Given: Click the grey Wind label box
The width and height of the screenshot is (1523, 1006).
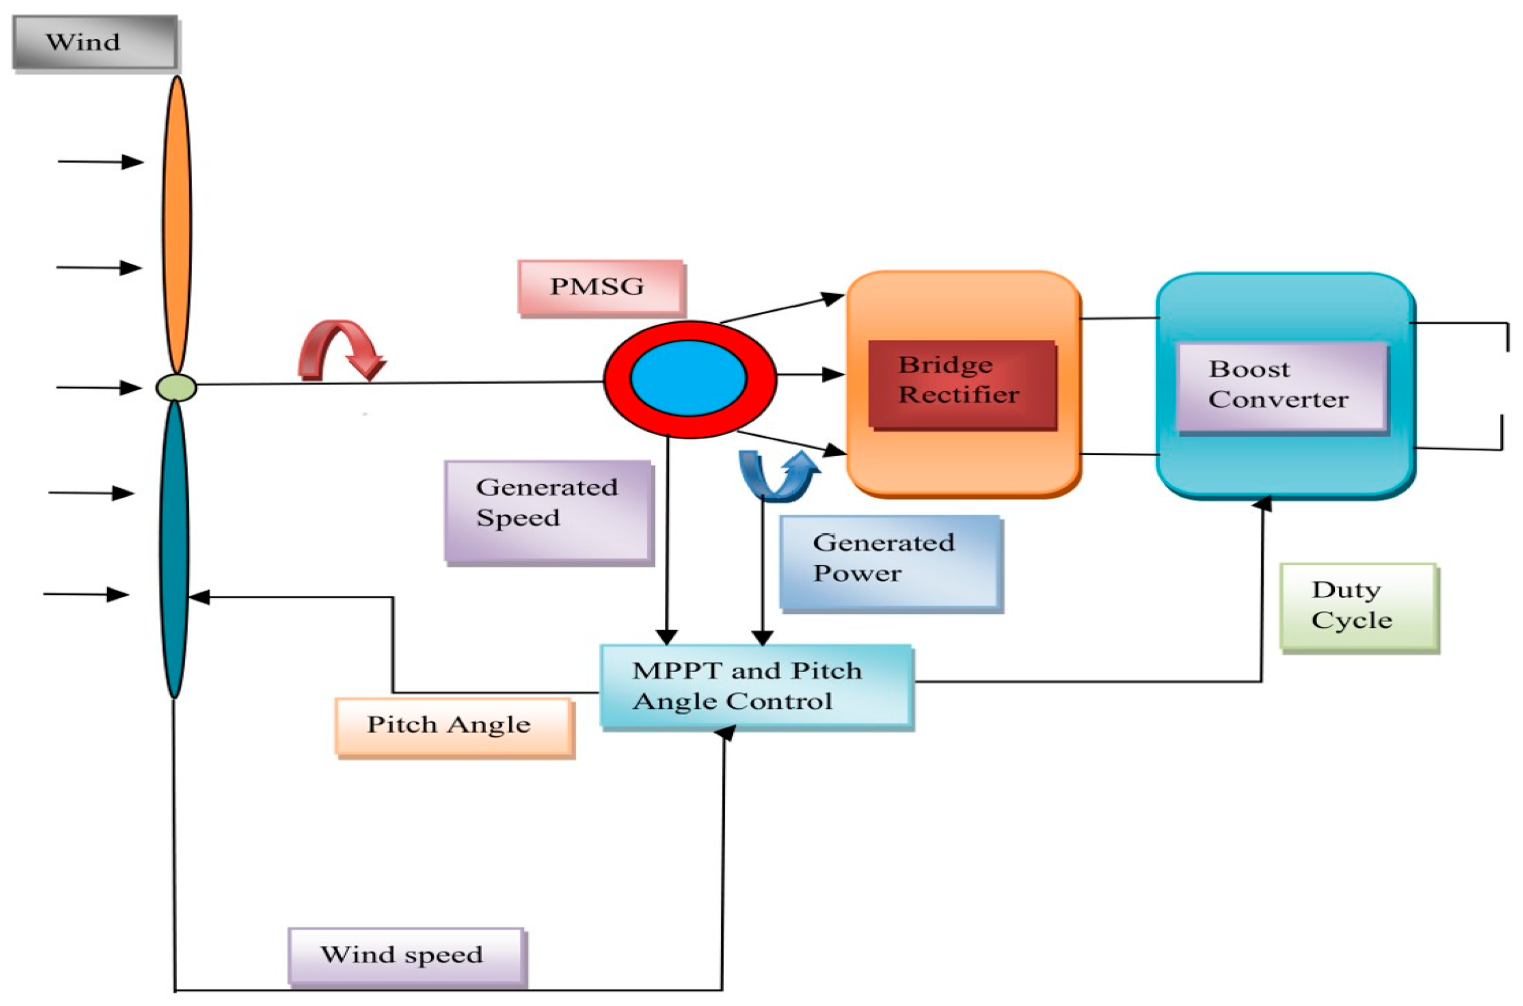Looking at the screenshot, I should (x=95, y=42).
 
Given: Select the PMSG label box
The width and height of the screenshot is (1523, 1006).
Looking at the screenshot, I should (x=600, y=287).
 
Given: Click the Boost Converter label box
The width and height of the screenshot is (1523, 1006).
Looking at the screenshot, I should (x=1282, y=386).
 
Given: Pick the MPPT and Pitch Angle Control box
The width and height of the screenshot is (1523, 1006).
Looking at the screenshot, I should (x=756, y=686).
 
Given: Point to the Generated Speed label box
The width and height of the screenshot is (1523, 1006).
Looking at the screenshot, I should (x=549, y=512).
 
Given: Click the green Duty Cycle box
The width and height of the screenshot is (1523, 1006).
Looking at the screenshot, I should (x=1358, y=606).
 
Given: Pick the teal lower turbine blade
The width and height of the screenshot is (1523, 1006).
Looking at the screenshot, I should (x=174, y=549).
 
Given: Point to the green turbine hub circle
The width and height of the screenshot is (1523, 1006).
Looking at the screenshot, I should (x=176, y=388).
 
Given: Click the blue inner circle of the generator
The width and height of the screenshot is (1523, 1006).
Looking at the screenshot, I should (x=688, y=378).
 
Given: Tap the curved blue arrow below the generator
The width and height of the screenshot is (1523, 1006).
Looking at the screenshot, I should (x=778, y=476).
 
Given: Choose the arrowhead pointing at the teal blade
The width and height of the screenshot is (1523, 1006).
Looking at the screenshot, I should (x=199, y=597).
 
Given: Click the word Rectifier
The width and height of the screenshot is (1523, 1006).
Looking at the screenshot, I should (x=959, y=395).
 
